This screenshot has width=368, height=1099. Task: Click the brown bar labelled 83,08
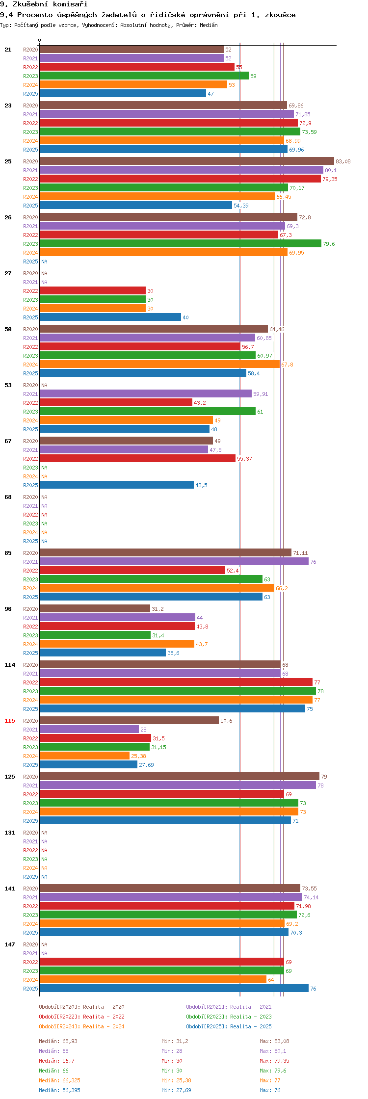tap(186, 161)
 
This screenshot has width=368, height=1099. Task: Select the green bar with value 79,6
tap(180, 243)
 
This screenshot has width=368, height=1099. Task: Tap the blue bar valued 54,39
tap(135, 205)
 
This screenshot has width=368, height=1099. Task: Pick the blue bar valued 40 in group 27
tap(110, 317)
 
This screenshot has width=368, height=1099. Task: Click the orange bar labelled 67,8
tap(159, 364)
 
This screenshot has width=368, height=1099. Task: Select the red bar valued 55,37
tap(137, 458)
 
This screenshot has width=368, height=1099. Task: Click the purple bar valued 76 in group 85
tap(174, 561)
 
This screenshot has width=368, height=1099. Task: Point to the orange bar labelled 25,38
tap(84, 756)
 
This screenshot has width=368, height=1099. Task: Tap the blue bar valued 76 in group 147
tap(174, 988)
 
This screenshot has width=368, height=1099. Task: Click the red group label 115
tap(10, 721)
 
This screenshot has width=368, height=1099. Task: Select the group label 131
tap(10, 833)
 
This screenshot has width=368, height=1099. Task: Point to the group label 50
tap(8, 329)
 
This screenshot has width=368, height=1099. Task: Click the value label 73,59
tap(309, 132)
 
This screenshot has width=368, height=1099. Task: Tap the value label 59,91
tap(261, 394)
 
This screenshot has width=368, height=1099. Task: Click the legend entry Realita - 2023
tap(229, 1017)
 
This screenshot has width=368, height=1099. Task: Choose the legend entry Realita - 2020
tap(81, 1007)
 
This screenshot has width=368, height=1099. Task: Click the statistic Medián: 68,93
tap(58, 1041)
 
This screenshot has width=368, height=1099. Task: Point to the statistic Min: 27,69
tap(176, 1090)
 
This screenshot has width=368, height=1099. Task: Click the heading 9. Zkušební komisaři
tap(44, 4)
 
